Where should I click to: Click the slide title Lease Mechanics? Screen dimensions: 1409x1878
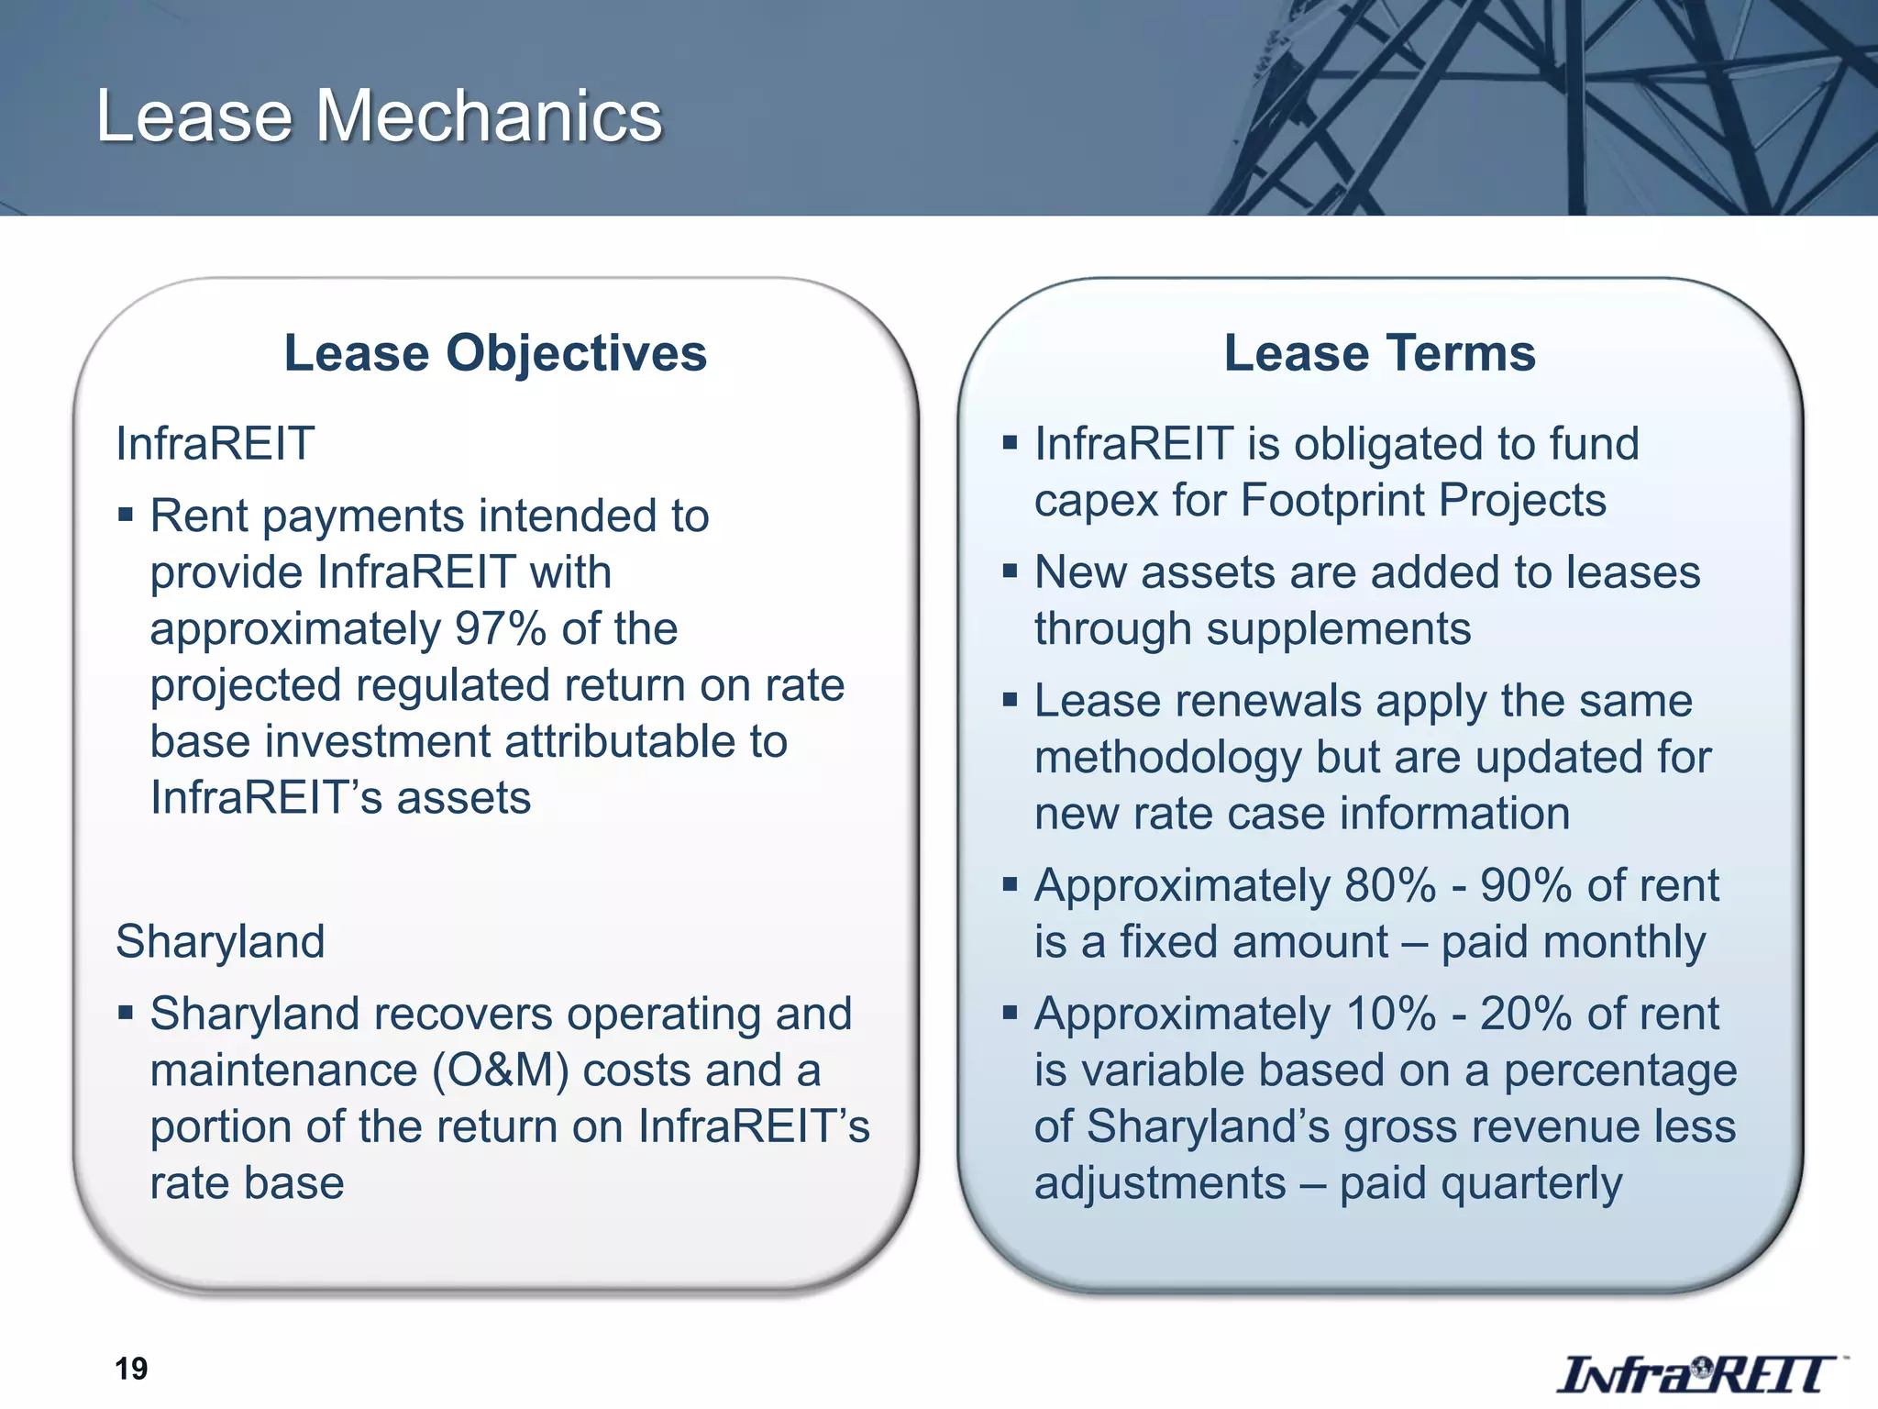coord(379,116)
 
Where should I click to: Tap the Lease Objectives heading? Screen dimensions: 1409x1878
coord(495,353)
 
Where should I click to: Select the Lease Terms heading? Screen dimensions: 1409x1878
coord(1379,353)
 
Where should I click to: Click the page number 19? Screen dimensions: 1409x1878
coord(131,1369)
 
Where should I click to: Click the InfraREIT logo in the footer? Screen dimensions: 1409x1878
coord(1697,1374)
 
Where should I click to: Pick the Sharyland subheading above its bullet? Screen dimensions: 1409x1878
coord(220,942)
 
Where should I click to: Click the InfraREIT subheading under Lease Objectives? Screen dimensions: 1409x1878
coord(215,444)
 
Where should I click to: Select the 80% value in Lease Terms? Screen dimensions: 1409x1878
coord(1390,886)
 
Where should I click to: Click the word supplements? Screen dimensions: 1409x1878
coord(1338,629)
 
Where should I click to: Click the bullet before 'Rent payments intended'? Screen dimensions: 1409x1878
coord(126,514)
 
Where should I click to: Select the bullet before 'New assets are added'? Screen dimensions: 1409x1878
coord(1011,571)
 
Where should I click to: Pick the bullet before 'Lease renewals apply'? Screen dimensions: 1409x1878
coord(1011,701)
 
